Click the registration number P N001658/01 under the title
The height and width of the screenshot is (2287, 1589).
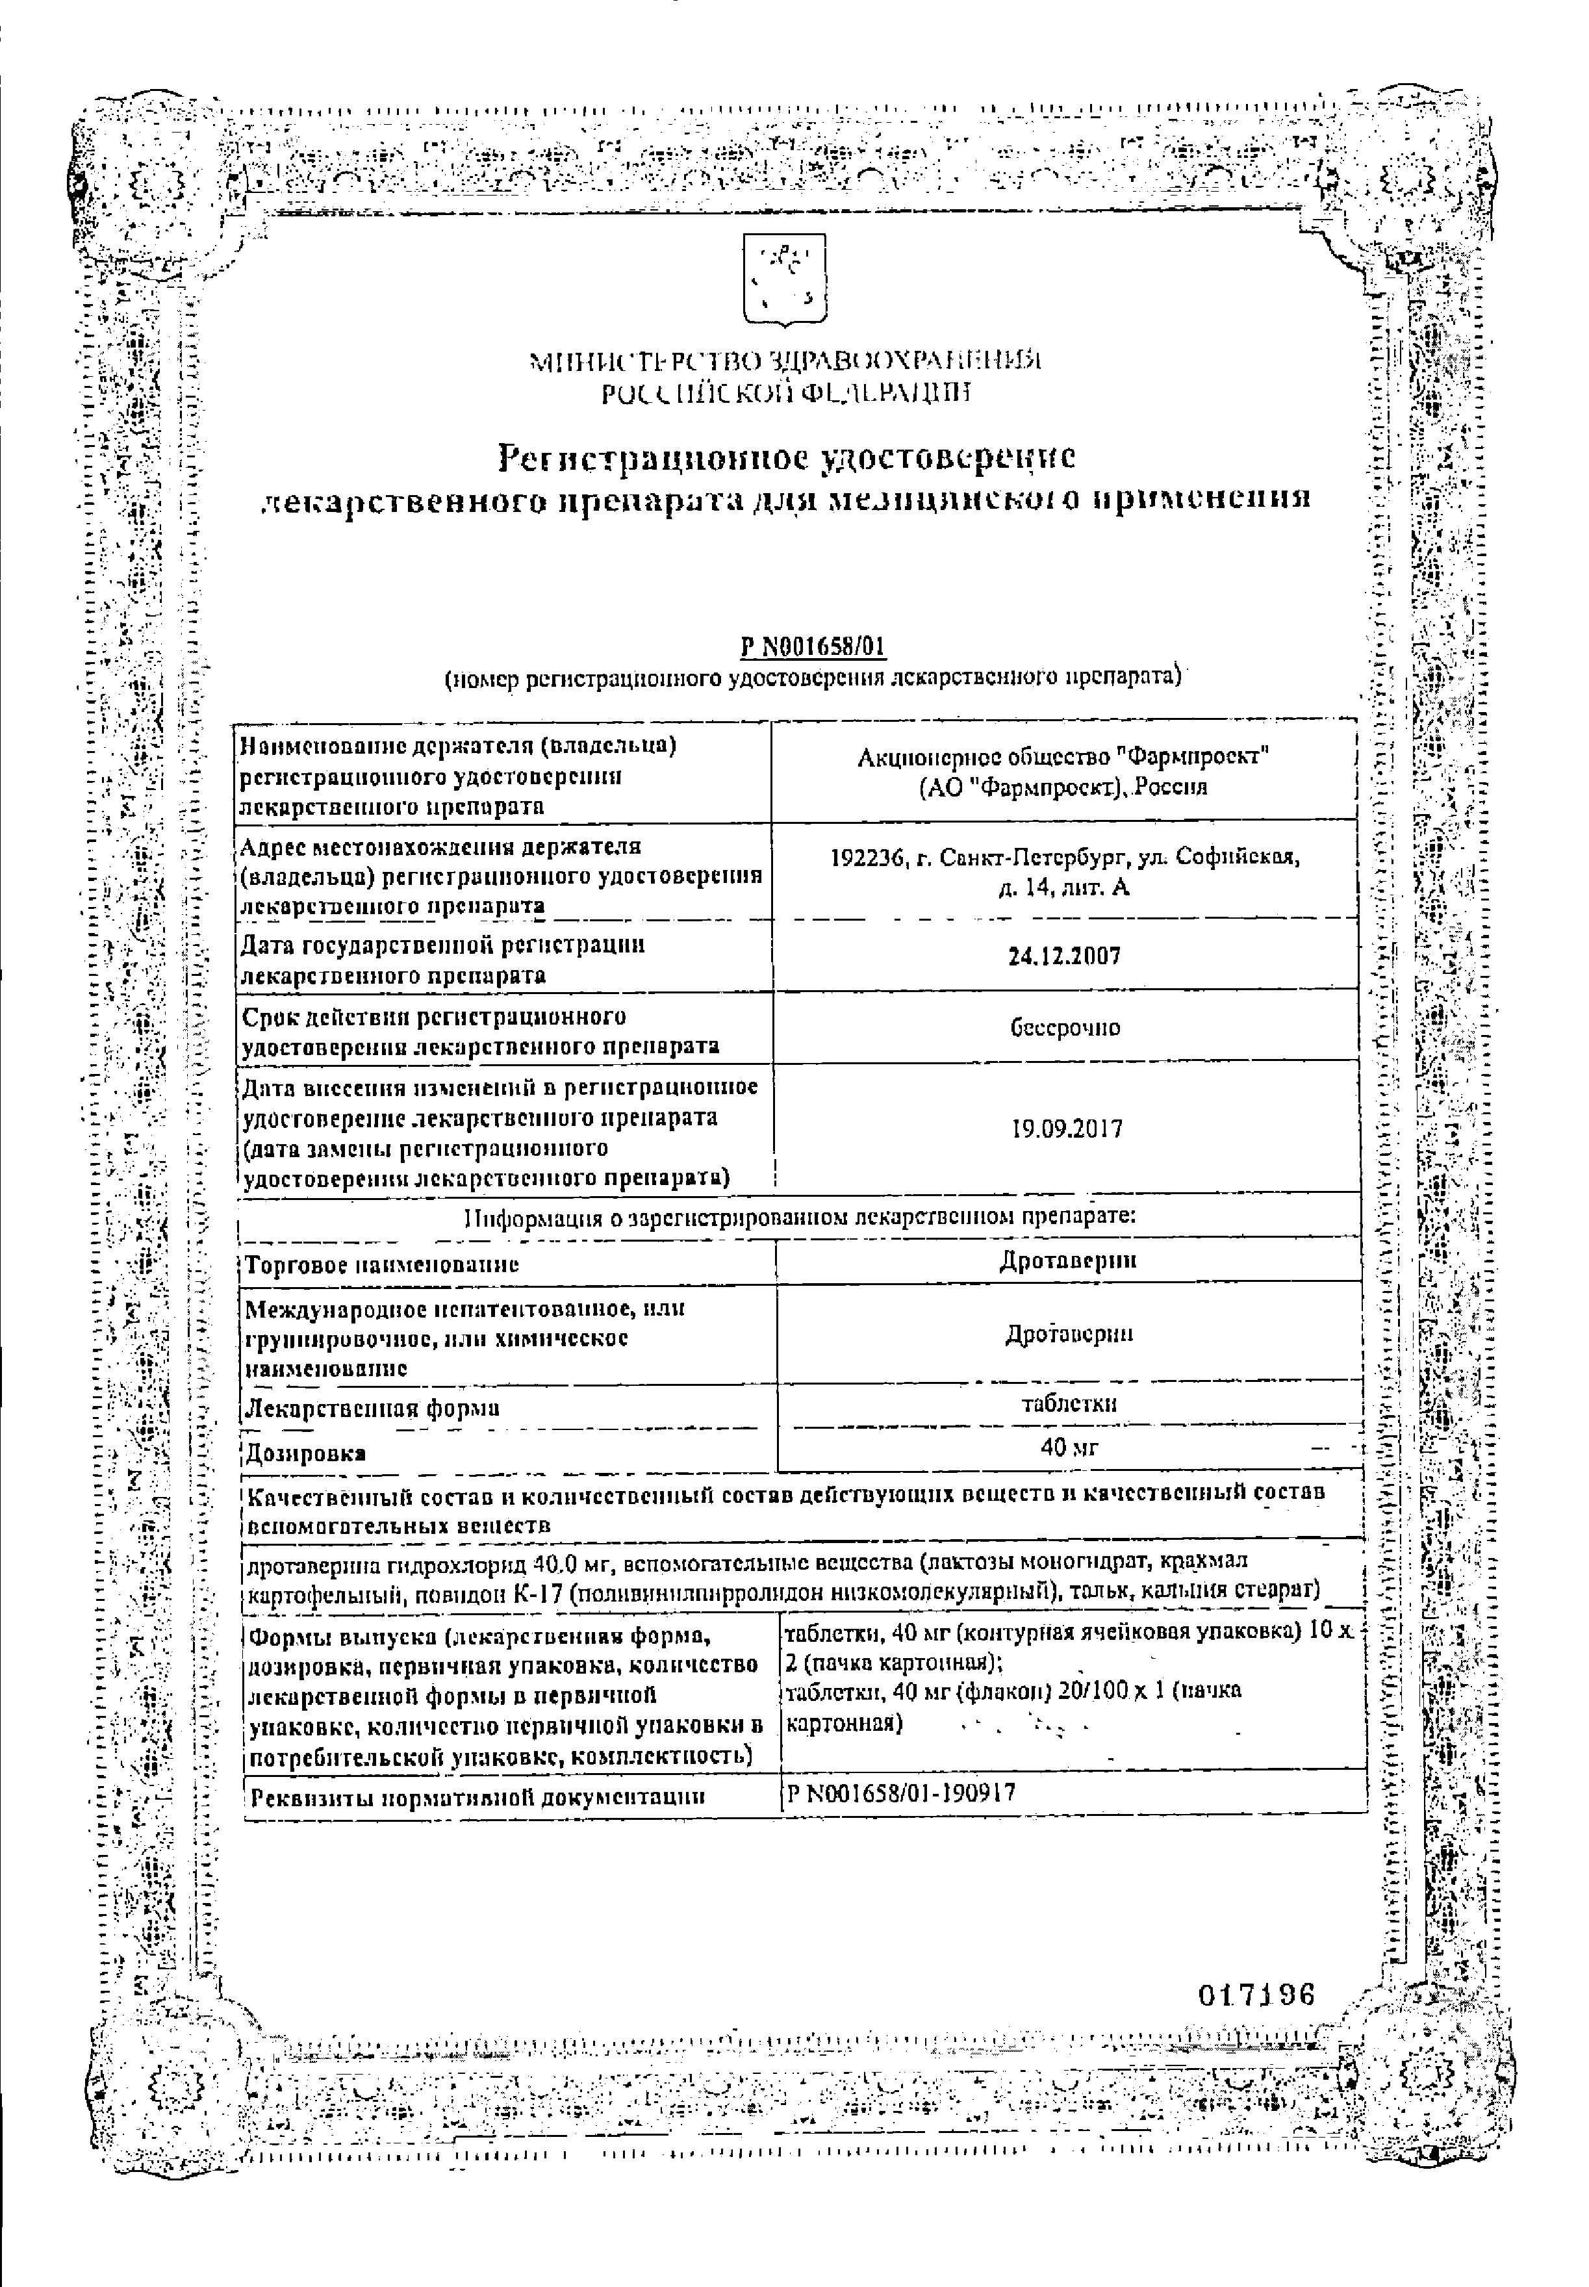813,648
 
